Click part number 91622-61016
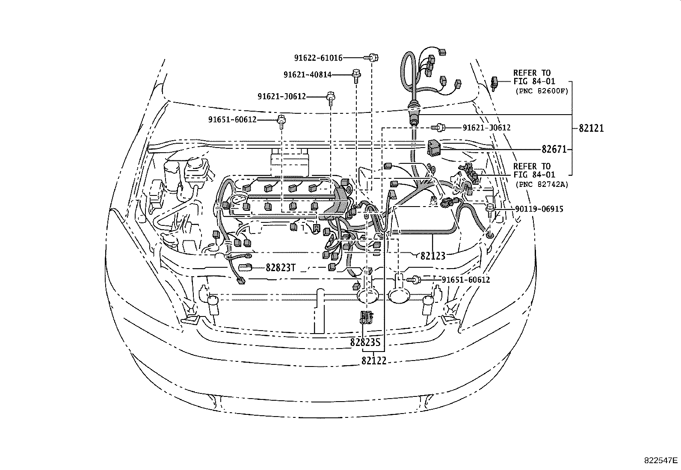coord(318,58)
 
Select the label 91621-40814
coord(307,75)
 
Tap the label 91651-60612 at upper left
coord(232,120)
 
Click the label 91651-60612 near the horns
coord(465,280)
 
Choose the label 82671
coord(554,149)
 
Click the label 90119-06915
coord(539,209)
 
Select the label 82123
coord(433,256)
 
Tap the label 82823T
coord(281,268)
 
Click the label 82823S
coord(365,342)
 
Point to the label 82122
coord(374,361)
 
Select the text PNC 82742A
coord(542,184)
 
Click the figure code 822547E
coord(661,461)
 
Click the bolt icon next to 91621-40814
coord(355,74)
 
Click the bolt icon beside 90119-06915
coord(491,210)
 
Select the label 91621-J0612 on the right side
coord(486,128)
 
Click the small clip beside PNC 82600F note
coord(495,82)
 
